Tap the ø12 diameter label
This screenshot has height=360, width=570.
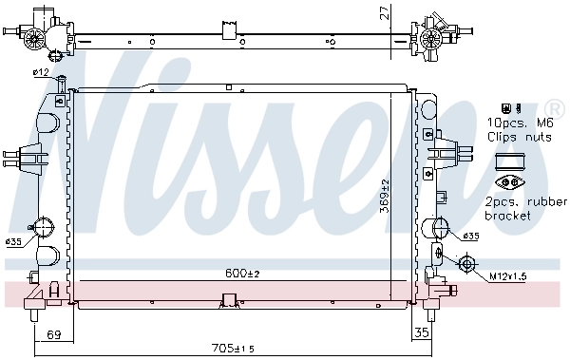coord(41,72)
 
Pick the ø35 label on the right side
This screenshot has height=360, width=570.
coord(472,236)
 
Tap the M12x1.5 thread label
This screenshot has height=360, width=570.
coord(510,276)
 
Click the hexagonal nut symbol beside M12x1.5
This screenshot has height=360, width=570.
coord(466,264)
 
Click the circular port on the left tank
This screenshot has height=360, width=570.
coord(44,228)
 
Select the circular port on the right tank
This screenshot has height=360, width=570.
coord(440,228)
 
